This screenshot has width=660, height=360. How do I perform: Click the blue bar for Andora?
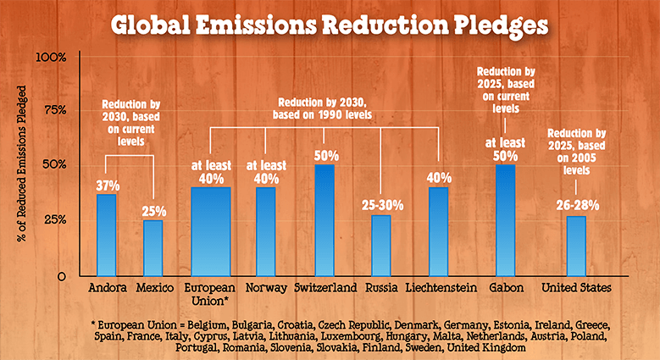pos(106,235)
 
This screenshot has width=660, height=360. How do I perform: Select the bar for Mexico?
pos(153,247)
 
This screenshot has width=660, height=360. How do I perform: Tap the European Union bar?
pos(210,231)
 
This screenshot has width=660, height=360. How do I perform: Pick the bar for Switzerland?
pos(324,220)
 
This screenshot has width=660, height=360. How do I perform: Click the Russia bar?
pos(381,245)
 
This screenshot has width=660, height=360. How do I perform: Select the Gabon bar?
pos(505,220)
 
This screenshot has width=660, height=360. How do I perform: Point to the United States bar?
pos(576,246)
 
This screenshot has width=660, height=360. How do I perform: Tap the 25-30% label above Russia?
pos(381,205)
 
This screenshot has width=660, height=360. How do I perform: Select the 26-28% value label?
pos(576,206)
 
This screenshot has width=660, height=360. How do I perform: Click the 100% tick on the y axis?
pos(52,58)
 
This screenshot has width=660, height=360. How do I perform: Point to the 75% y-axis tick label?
pos(55,110)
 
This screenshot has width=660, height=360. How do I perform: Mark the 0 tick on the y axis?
pos(62,276)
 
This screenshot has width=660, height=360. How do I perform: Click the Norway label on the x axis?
pos(265,288)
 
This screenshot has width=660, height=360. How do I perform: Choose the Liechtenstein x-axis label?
pos(440,288)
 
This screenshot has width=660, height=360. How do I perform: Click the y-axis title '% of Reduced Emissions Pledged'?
pos(19,166)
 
